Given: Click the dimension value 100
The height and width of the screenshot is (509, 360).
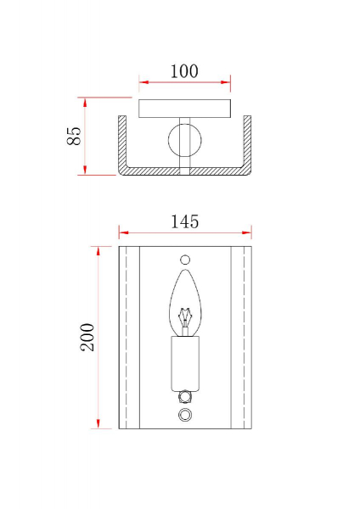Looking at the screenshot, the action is [x=184, y=71].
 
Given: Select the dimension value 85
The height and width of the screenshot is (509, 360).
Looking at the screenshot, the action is [x=74, y=136].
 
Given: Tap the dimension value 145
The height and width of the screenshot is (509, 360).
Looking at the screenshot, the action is [x=184, y=221].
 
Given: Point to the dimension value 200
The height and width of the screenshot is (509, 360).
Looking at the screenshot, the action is [x=87, y=337].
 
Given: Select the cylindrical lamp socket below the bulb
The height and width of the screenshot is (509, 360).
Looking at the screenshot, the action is [x=185, y=364].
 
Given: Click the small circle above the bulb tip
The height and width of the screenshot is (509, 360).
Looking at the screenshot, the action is [x=185, y=260].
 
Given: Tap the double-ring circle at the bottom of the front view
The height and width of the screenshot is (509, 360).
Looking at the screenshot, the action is [x=185, y=415].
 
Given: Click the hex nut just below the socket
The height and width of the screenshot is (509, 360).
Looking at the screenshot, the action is [x=185, y=397].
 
